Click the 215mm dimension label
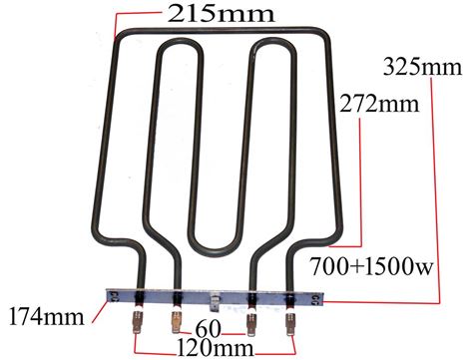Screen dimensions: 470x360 tap(221, 14)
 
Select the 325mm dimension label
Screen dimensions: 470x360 tap(422, 67)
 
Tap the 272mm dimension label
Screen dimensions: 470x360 tap(379, 104)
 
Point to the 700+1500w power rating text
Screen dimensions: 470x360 tap(372, 266)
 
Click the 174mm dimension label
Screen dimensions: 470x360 tap(47, 316)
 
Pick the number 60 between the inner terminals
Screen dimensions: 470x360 tap(208, 329)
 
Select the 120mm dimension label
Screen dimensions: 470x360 tap(215, 348)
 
